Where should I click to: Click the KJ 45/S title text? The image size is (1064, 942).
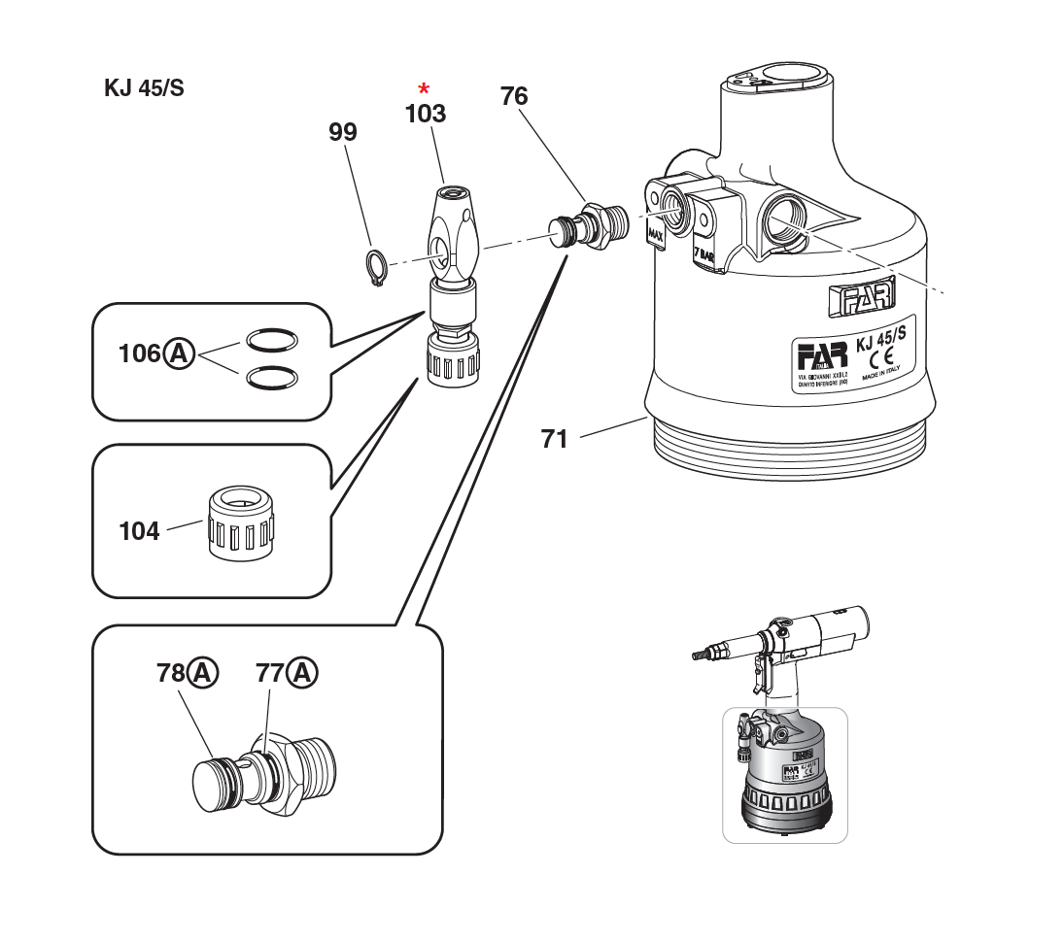pos(144,88)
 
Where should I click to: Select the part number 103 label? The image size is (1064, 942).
pos(426,115)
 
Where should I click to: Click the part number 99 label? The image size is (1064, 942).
pos(343,133)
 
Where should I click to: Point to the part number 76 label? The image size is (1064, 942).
pos(514,96)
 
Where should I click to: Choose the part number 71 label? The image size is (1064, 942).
pos(554,440)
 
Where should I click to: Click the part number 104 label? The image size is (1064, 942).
pos(139,531)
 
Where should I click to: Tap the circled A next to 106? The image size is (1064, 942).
pos(178,353)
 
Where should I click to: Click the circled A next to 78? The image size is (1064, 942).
pos(203,672)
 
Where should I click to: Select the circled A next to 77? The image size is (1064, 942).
pos(303,672)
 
